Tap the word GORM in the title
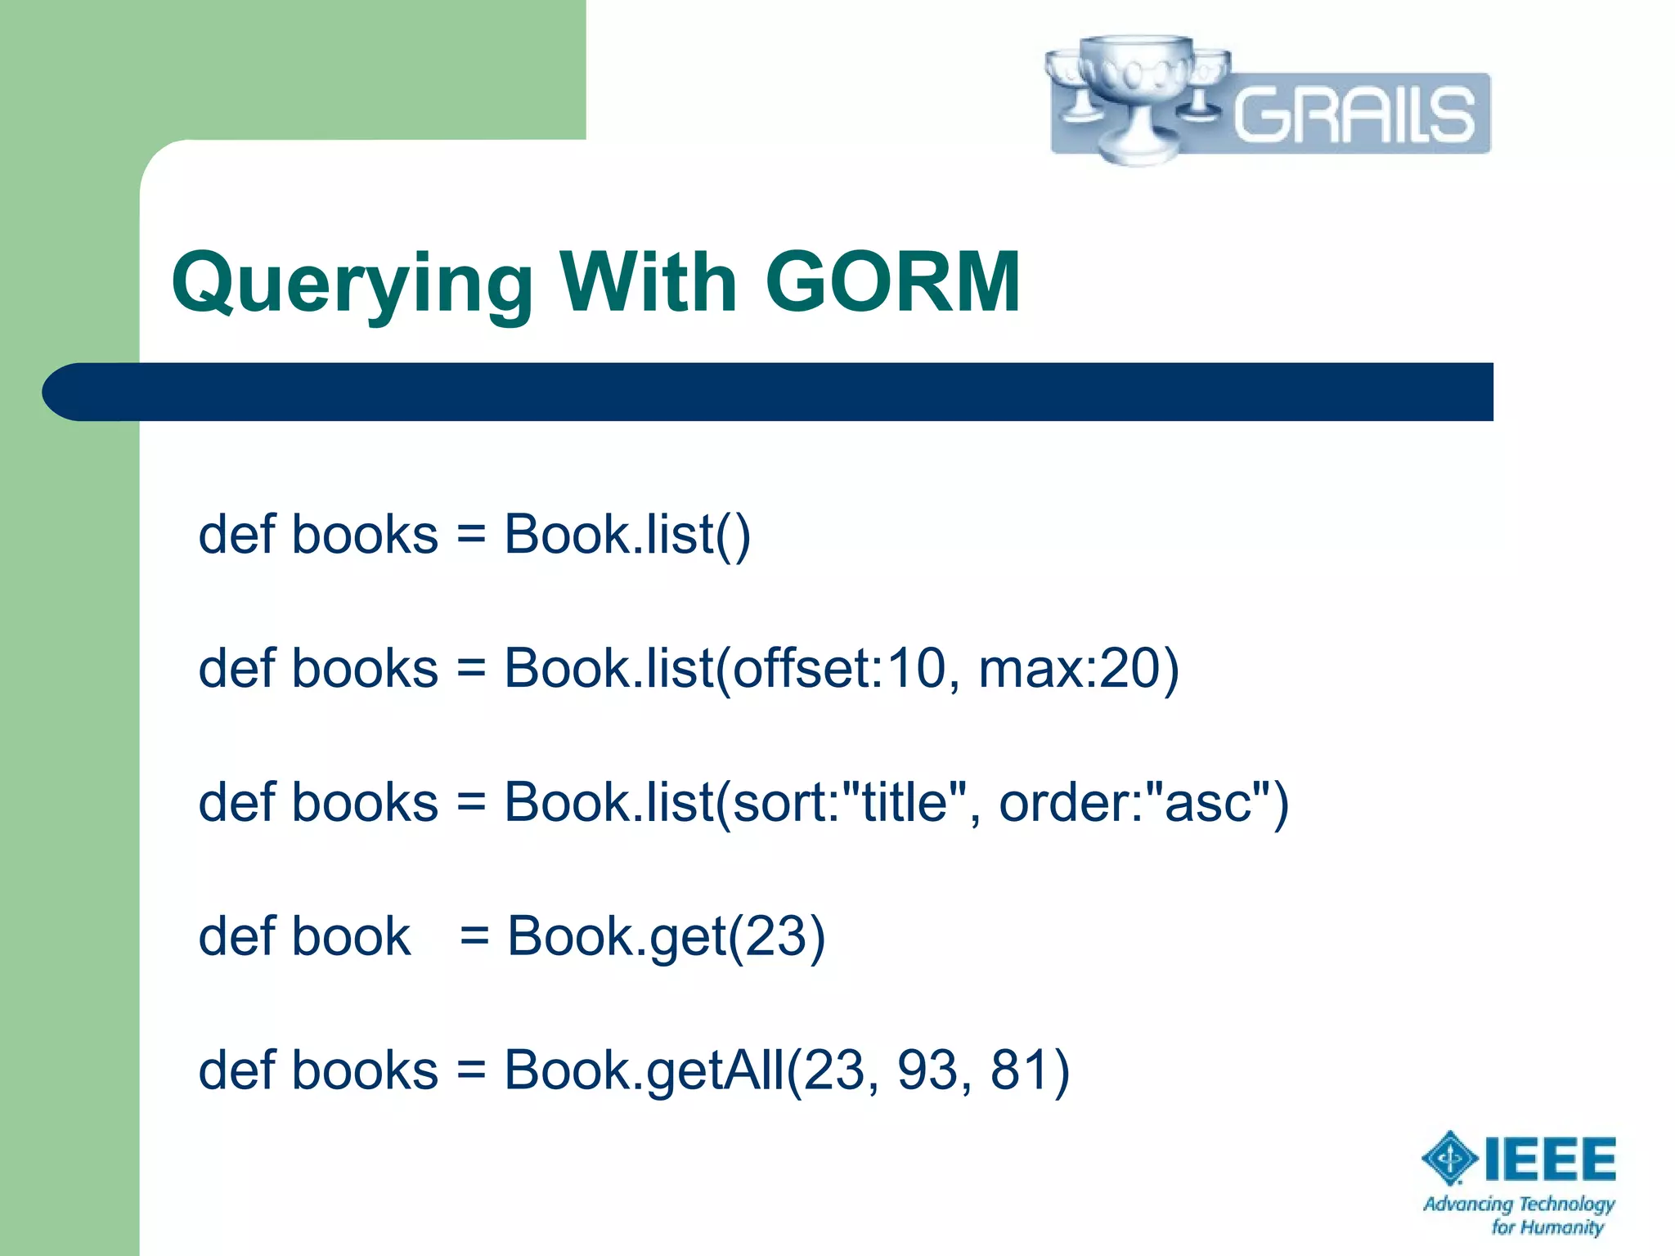892,282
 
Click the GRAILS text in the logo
1354,114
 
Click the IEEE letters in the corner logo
1550,1159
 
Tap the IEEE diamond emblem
1449,1158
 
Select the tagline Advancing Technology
1519,1204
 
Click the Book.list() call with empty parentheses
626,535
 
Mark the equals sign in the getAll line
471,1071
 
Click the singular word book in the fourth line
351,936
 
